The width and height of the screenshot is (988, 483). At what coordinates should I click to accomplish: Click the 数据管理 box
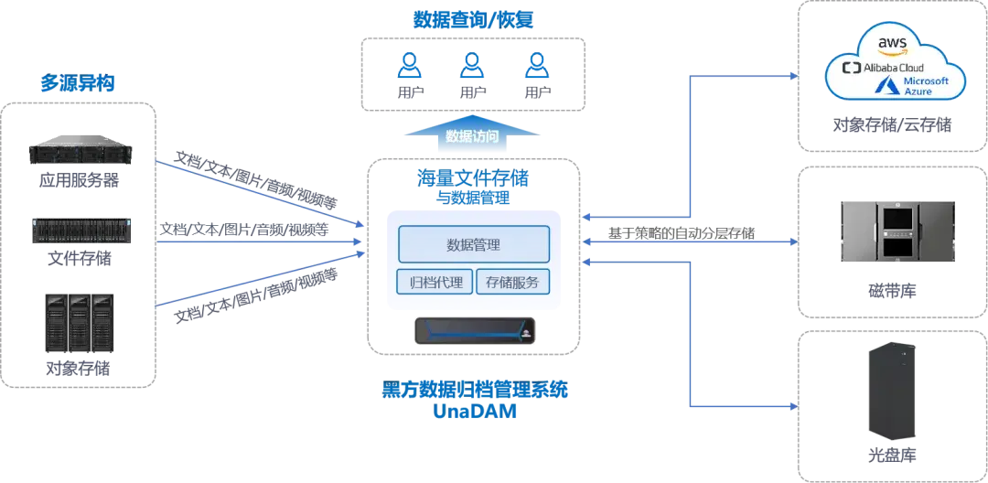click(x=474, y=243)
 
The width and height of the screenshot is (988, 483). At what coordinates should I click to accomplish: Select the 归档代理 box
click(x=435, y=282)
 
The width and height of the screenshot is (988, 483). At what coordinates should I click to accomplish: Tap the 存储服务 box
click(x=512, y=282)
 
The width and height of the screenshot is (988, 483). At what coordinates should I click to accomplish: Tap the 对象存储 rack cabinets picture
click(x=80, y=322)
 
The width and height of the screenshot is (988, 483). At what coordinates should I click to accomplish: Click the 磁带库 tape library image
click(x=897, y=231)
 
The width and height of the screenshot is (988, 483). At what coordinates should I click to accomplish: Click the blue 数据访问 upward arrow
click(x=472, y=134)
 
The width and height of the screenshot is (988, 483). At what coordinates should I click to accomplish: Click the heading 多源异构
click(x=78, y=82)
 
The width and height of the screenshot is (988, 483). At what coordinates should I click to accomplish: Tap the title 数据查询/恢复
click(x=473, y=20)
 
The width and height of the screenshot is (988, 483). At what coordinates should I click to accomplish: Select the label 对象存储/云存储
click(x=892, y=124)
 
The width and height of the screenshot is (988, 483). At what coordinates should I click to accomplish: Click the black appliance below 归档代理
click(x=475, y=330)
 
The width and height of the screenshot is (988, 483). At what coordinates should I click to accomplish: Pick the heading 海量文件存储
click(x=474, y=178)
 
